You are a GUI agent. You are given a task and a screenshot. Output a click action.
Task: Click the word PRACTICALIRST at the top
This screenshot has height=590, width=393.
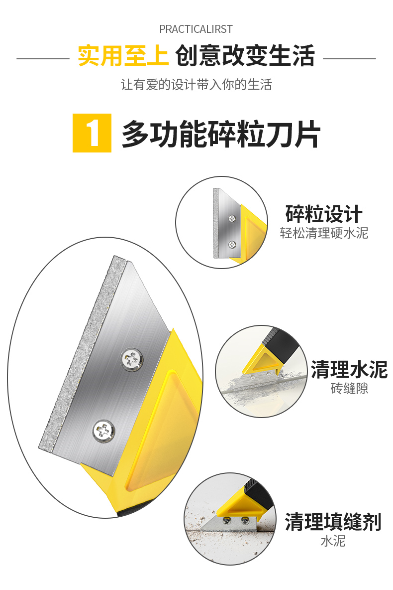click(x=196, y=29)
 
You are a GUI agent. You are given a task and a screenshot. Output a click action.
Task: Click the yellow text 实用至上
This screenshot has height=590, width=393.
click(x=123, y=56)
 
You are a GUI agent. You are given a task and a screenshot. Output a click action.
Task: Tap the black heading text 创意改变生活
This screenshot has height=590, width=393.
click(x=245, y=56)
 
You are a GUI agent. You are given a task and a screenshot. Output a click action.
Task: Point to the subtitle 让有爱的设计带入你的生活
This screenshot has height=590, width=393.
click(x=196, y=85)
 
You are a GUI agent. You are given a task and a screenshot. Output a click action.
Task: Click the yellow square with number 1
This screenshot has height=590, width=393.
click(x=92, y=133)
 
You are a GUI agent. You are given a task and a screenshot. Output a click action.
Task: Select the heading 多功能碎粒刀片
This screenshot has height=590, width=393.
click(x=221, y=134)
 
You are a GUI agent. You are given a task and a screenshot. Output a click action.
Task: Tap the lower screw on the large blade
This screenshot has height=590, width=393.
click(x=103, y=431)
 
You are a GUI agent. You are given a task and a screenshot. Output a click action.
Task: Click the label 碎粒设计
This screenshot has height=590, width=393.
click(x=324, y=214)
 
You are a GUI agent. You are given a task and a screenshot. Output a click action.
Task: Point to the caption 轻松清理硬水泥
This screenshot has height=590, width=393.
click(x=324, y=233)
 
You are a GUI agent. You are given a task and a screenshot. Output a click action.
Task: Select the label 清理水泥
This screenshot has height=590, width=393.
click(x=349, y=369)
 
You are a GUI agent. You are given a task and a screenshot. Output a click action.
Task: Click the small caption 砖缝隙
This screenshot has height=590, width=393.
click(x=349, y=388)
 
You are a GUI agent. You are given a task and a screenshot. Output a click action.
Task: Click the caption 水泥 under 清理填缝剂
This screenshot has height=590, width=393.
click(x=333, y=541)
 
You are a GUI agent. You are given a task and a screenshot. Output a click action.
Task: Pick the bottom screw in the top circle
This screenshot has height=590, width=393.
click(x=232, y=245)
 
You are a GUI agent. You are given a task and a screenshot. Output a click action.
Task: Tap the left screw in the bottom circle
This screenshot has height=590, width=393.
click(x=227, y=521)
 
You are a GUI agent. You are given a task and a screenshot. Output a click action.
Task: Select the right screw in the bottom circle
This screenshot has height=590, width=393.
click(x=245, y=521)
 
